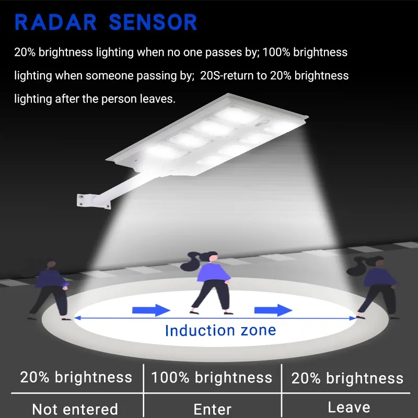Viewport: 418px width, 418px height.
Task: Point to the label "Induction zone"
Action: click(x=220, y=330)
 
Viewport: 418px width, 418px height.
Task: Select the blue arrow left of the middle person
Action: click(x=151, y=310)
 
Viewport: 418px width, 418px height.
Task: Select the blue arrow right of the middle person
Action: click(x=273, y=310)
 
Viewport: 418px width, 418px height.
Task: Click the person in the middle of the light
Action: click(x=211, y=282)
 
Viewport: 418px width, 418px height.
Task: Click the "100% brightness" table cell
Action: click(x=212, y=378)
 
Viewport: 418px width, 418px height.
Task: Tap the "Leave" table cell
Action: click(x=349, y=408)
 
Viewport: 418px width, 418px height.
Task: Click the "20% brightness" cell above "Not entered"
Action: click(x=76, y=377)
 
